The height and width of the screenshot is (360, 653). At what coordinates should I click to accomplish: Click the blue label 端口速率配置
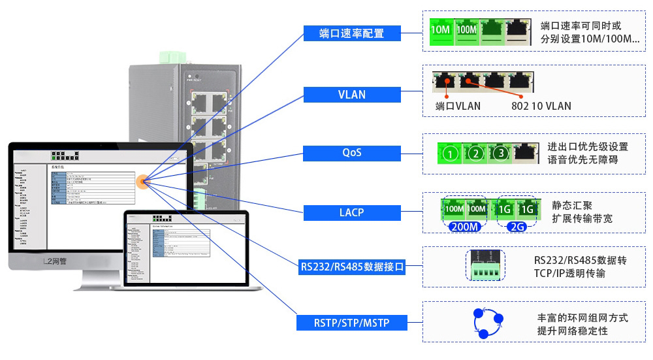(x=352, y=33)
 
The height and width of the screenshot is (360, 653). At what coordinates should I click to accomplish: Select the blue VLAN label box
(x=352, y=94)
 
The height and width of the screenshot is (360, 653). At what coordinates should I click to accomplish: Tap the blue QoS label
(x=352, y=153)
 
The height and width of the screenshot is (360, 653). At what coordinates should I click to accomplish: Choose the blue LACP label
(x=352, y=212)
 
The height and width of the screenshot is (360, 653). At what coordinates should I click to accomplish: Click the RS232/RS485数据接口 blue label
(x=352, y=267)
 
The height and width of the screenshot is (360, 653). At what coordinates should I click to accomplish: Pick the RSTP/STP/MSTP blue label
(x=352, y=322)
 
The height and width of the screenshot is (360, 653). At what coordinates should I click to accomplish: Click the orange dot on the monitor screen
(x=142, y=181)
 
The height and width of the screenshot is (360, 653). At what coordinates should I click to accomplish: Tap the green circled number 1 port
(x=449, y=154)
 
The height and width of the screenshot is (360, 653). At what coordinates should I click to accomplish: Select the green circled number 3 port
(x=500, y=153)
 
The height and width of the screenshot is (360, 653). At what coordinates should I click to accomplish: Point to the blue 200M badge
(x=466, y=227)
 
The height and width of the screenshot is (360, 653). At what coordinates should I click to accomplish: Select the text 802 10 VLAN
(x=541, y=106)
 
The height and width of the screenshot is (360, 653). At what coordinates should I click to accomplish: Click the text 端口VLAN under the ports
(x=458, y=106)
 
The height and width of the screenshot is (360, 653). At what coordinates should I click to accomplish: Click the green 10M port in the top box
(x=442, y=29)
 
